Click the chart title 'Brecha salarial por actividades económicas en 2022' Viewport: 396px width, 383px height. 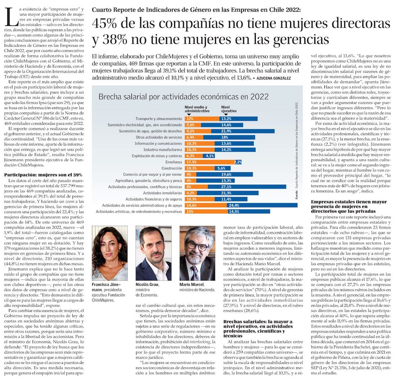point(184,97)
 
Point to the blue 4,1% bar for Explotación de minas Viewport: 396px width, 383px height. point(209,156)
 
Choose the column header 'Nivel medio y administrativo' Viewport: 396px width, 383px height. point(196,109)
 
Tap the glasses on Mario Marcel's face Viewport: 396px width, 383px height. point(198,246)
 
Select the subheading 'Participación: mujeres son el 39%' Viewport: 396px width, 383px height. point(44,174)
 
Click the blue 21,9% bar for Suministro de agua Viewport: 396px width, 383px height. point(248,131)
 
